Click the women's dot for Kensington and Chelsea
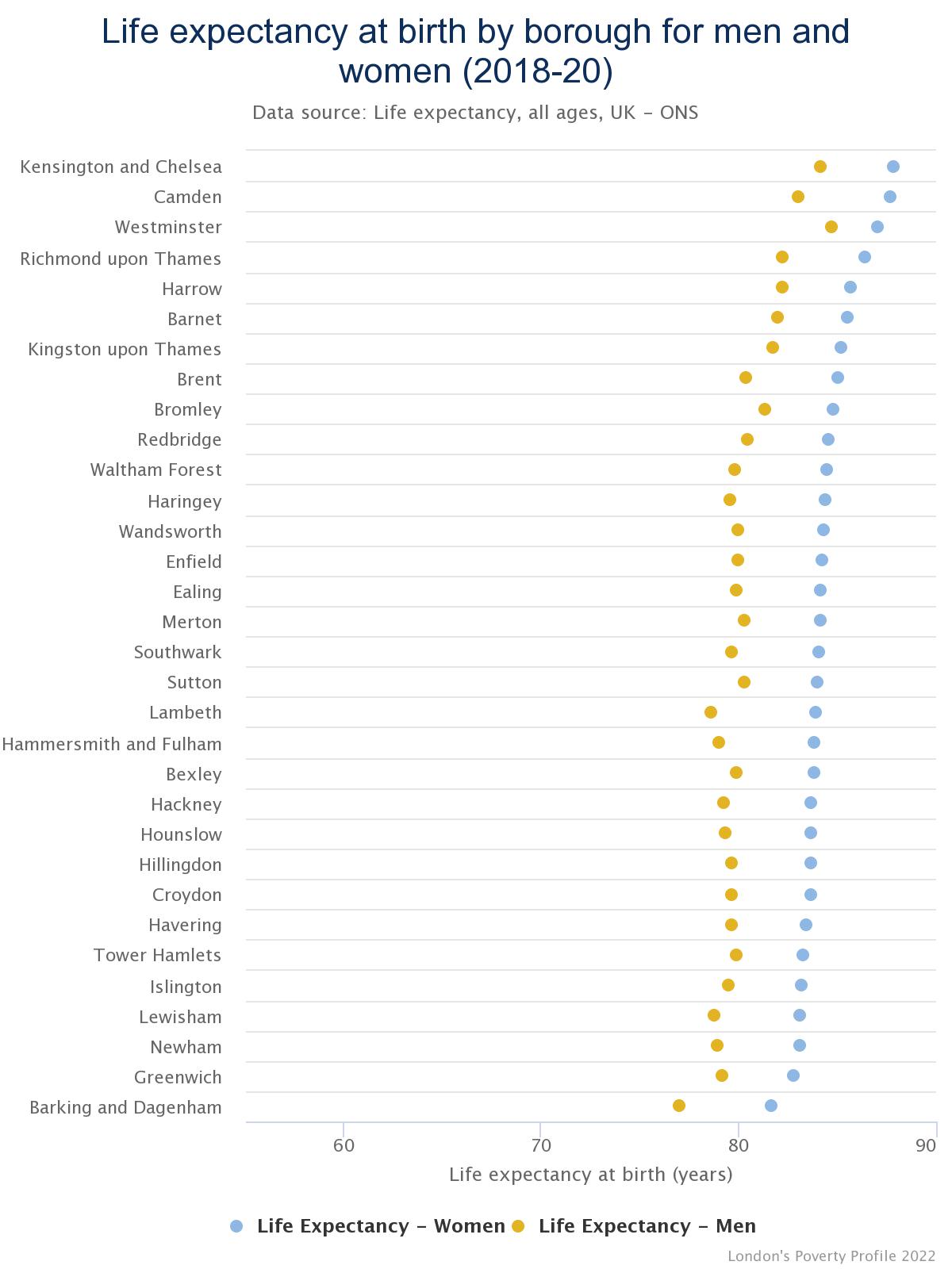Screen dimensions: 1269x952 892,167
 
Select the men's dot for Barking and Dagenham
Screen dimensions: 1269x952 679,1106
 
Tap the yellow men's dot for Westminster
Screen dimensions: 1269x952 831,227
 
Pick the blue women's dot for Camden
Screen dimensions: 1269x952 889,197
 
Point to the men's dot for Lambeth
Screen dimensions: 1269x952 711,712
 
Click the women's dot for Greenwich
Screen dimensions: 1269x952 793,1075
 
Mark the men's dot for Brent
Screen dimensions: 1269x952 746,378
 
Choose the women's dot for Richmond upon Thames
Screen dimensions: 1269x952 864,257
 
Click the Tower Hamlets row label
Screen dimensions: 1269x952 157,955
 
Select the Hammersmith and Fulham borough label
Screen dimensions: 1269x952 112,744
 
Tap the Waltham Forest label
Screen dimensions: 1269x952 155,470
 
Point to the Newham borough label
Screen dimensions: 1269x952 186,1047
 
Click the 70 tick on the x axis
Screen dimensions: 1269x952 541,1145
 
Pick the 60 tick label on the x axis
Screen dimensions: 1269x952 344,1145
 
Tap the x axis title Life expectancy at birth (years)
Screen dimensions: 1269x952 590,1174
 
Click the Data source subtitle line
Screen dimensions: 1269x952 475,113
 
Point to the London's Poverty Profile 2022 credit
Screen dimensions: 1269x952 831,1256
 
